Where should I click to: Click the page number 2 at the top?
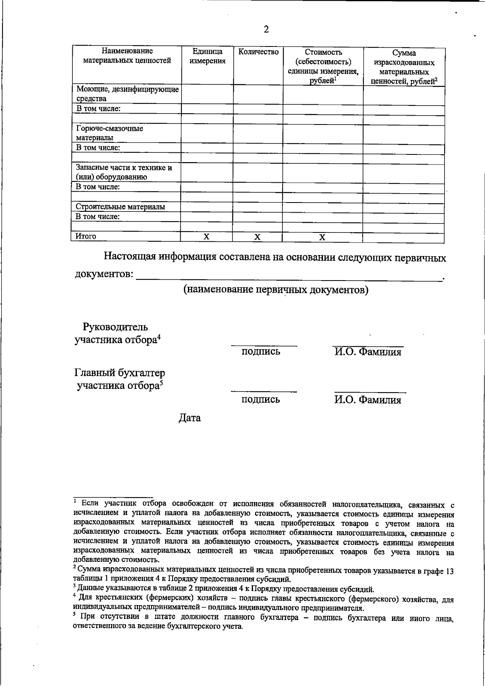tap(266, 30)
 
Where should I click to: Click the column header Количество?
tap(258, 52)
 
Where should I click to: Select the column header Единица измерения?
tap(207, 57)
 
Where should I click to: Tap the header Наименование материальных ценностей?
tap(127, 56)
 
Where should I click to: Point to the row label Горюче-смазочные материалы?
tap(110, 133)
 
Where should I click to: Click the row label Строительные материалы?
tap(120, 207)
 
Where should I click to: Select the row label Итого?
tap(86, 236)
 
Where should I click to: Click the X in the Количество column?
tap(257, 237)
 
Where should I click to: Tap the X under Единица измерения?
tap(206, 236)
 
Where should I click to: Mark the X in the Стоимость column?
tap(322, 237)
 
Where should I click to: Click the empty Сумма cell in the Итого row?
tap(403, 237)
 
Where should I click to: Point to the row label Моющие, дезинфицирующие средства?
tap(127, 94)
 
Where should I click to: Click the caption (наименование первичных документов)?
tap(276, 290)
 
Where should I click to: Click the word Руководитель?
tap(115, 327)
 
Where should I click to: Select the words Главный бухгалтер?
tap(120, 372)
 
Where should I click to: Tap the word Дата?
tap(190, 418)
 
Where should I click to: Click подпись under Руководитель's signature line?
tap(261, 352)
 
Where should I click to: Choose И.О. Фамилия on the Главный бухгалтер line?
tap(367, 400)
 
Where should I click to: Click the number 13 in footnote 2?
tap(449, 571)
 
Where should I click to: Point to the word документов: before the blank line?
tap(104, 274)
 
